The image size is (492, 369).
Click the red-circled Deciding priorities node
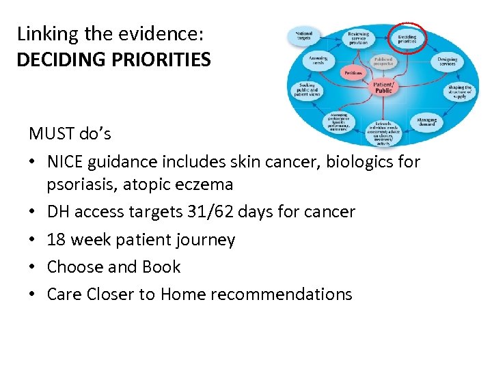407,38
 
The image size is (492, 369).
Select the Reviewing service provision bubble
358,38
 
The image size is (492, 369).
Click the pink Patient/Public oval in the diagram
383,86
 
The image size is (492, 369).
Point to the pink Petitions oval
353,72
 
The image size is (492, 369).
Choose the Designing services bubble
448,62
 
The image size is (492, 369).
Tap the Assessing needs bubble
318,61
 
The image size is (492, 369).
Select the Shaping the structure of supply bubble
459,92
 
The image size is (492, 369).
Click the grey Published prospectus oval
383,61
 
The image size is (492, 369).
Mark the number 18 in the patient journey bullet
56,240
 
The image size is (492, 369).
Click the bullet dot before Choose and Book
33,267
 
